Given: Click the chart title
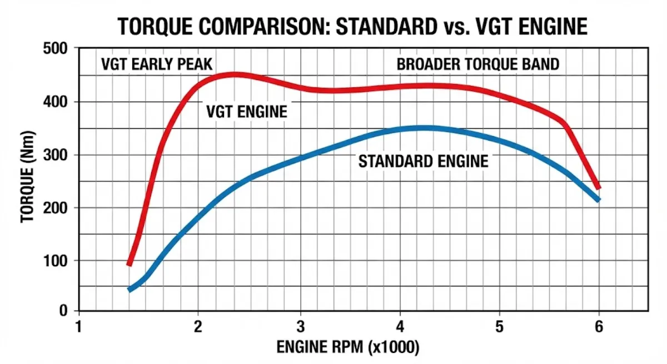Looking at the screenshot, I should click(353, 26).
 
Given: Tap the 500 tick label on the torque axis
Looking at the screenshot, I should click(56, 49).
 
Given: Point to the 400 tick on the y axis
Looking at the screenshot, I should click(56, 102).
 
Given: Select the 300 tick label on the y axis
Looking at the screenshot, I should click(56, 155).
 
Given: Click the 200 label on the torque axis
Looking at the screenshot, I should click(56, 208).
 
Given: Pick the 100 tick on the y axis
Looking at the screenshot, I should click(56, 261).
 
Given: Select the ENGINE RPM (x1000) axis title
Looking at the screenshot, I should click(348, 348).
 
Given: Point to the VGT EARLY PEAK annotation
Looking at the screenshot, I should click(157, 64).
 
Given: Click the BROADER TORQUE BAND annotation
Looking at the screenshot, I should click(478, 64).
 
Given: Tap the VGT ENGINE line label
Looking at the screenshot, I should click(247, 112).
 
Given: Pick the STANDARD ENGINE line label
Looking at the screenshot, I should click(424, 162).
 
